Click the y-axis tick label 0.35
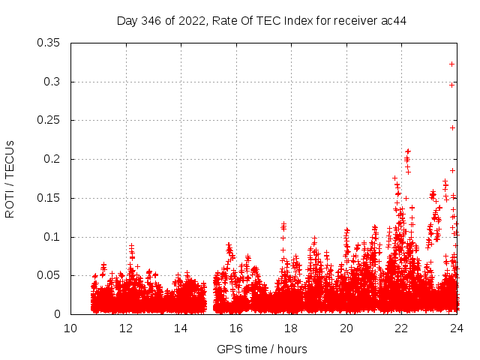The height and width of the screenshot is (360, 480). coord(49,43)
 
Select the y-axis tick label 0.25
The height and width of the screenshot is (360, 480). coord(49,121)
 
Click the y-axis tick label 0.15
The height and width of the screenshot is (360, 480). coord(49,199)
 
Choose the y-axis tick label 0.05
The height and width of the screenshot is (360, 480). coord(49,276)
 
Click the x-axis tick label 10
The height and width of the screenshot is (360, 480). coord(70,328)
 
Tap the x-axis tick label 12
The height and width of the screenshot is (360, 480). coord(126,328)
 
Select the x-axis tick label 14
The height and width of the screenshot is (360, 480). coord(181,328)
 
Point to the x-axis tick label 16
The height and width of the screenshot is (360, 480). coord(236,328)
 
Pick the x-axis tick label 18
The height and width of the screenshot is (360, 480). coord(291,328)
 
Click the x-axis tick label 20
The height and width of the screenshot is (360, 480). coord(346,328)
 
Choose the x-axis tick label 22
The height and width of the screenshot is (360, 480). coord(401,328)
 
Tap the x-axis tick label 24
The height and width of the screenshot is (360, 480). coord(457,328)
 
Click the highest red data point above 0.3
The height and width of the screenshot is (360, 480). coord(451,64)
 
